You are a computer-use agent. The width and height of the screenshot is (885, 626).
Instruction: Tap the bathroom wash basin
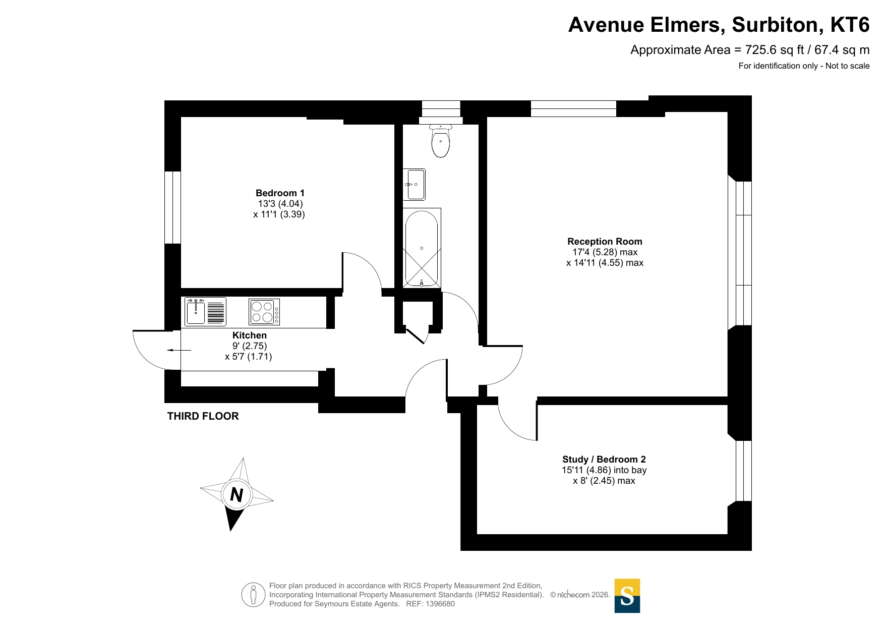pyautogui.click(x=415, y=185)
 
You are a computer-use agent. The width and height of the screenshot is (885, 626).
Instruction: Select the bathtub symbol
pyautogui.click(x=422, y=248)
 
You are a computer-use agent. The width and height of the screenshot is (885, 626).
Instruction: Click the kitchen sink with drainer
pyautogui.click(x=205, y=311)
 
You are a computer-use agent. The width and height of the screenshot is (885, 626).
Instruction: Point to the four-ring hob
pyautogui.click(x=264, y=312)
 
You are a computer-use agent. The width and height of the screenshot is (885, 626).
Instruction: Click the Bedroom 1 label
pyautogui.click(x=280, y=193)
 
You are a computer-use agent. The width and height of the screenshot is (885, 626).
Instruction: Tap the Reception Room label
pyautogui.click(x=605, y=241)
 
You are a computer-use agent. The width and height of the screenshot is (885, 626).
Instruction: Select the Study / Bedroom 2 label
pyautogui.click(x=604, y=459)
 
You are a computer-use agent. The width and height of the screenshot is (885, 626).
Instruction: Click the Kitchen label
pyautogui.click(x=250, y=335)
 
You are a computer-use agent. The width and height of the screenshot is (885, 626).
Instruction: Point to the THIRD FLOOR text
pyautogui.click(x=203, y=416)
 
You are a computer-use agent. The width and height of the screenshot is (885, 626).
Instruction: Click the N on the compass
pyautogui.click(x=237, y=495)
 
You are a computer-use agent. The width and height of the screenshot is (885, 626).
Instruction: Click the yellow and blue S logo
pyautogui.click(x=627, y=596)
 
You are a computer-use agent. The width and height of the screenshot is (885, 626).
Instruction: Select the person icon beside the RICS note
pyautogui.click(x=253, y=594)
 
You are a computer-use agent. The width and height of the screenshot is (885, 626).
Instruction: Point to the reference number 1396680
pyautogui.click(x=440, y=604)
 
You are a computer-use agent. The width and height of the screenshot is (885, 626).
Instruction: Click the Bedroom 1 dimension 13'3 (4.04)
pyautogui.click(x=280, y=204)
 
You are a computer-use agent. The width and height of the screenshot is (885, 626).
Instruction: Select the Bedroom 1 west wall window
pyautogui.click(x=173, y=207)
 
